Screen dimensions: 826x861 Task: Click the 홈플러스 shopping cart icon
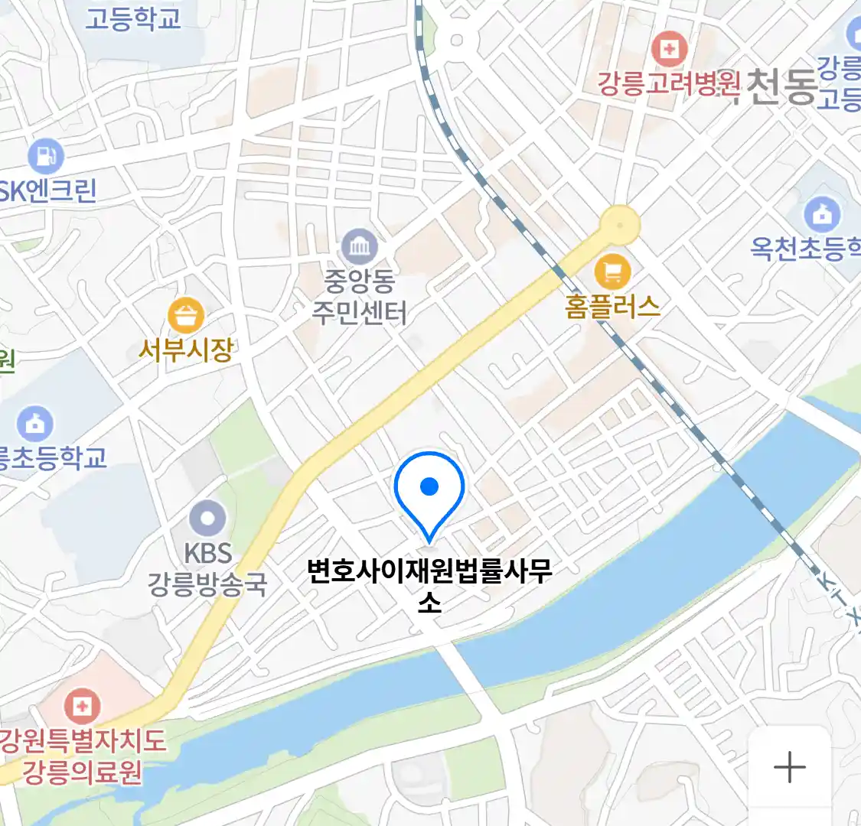[x=612, y=272]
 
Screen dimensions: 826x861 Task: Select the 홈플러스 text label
[x=612, y=307]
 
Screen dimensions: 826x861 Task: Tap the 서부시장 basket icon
[x=186, y=314]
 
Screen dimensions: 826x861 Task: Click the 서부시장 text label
[x=185, y=350]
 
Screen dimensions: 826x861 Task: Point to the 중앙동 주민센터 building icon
[x=359, y=246]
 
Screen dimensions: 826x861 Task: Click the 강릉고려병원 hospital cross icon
[x=669, y=50]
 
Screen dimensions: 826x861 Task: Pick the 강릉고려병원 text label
[x=669, y=83]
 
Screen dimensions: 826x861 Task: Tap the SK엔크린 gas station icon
[x=46, y=156]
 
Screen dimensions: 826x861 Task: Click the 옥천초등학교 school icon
[x=822, y=215]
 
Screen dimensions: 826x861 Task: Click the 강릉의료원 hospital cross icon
[x=82, y=705]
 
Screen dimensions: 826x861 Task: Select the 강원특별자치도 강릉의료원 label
[x=83, y=756]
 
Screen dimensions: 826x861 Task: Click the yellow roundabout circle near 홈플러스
[x=620, y=225]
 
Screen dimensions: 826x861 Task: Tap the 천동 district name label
[x=781, y=86]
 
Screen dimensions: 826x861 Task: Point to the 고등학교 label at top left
[x=132, y=18]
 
